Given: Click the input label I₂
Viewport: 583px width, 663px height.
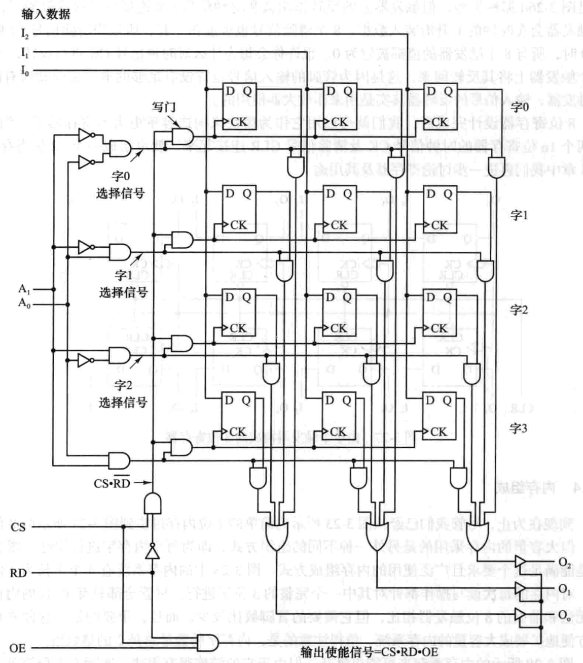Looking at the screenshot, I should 25,34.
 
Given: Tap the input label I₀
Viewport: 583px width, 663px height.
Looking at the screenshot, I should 25,71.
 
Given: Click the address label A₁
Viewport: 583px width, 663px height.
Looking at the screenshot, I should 24,289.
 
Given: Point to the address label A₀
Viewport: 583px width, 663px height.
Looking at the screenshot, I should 24,303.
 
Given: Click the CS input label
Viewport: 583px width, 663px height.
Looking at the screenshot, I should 18,527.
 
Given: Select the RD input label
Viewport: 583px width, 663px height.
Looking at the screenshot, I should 18,573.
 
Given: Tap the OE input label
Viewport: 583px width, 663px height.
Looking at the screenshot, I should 17,648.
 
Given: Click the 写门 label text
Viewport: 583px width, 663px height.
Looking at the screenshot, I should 163,107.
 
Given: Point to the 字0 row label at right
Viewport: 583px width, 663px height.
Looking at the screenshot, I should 519,107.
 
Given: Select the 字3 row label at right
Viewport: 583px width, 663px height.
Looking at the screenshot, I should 518,428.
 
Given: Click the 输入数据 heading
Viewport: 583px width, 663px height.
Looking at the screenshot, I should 46,14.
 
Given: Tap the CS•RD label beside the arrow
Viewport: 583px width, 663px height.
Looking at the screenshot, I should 112,483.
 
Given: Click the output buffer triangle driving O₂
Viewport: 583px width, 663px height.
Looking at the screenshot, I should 521,561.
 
